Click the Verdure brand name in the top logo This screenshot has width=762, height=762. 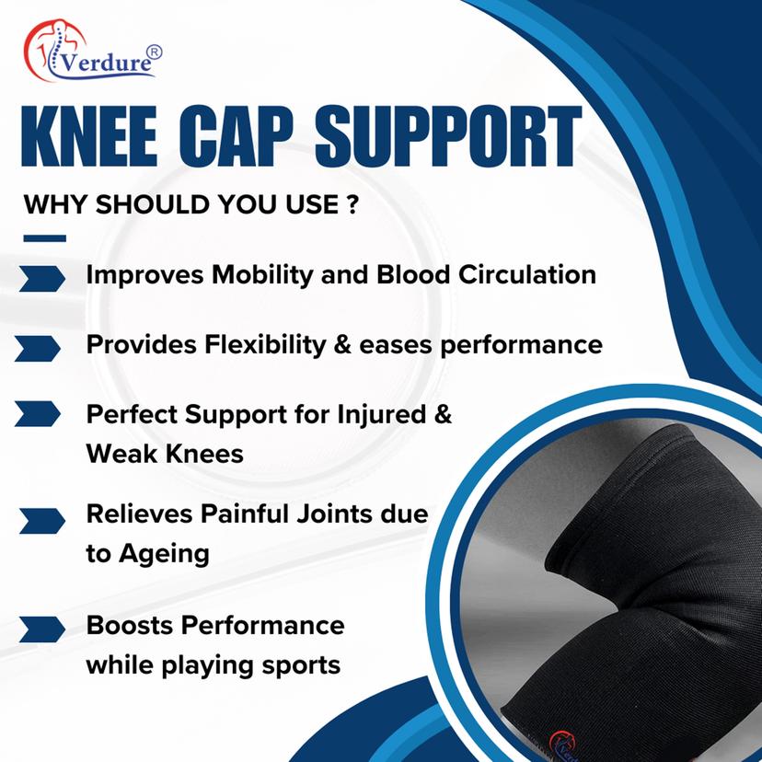pos(107,63)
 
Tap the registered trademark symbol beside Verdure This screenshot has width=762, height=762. pos(154,52)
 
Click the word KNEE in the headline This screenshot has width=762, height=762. pos(89,136)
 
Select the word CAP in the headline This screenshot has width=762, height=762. pos(236,136)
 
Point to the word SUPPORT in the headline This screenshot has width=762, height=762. pos(448,136)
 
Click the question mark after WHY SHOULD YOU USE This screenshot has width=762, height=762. pos(353,204)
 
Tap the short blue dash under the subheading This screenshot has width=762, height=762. pos(45,238)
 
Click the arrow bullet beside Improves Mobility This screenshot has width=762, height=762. pos(41,279)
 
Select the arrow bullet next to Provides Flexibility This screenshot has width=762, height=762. pos(38,349)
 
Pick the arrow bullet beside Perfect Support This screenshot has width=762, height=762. pos(38,413)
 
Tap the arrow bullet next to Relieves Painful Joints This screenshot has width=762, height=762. pos(41,521)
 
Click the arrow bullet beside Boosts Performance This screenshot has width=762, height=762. pos(41,629)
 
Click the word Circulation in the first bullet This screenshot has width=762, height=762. pos(526,274)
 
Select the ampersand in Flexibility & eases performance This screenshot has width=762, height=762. pos(342,345)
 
